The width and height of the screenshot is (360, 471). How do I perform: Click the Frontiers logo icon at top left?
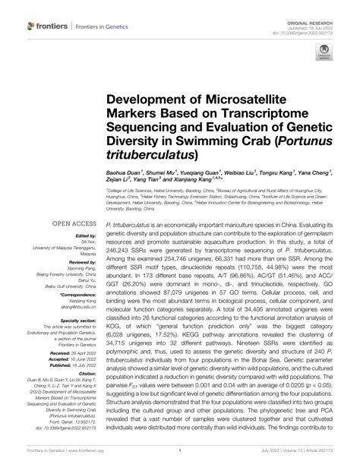[x=31, y=26]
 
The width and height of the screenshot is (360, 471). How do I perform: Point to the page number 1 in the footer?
[x=179, y=460]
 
